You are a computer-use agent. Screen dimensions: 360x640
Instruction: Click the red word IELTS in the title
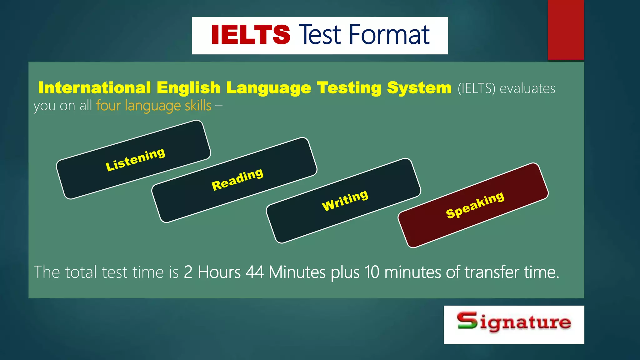251,35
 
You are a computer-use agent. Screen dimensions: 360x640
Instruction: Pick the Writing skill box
344,200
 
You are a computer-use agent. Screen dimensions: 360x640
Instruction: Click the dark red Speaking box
473,205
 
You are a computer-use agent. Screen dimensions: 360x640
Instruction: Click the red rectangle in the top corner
566,30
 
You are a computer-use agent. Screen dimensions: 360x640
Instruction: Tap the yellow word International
94,88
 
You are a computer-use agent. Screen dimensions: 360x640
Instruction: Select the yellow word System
419,88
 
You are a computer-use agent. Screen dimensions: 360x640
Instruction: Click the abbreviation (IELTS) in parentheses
476,88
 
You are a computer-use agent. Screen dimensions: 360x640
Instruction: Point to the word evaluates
527,88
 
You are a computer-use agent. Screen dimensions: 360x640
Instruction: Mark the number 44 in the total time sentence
255,272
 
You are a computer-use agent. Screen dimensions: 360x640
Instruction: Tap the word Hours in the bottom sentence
219,272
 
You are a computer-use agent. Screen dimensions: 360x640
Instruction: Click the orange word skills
198,106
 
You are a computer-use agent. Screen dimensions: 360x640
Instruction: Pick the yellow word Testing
349,88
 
